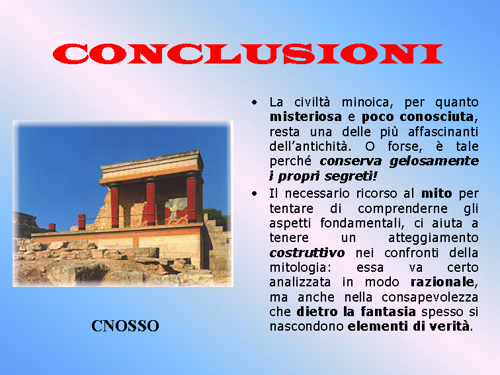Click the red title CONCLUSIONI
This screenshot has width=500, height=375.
click(x=248, y=54)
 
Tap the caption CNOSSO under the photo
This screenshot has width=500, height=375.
click(x=125, y=326)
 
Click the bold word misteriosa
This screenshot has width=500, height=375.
click(x=306, y=116)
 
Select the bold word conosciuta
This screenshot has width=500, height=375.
click(x=437, y=116)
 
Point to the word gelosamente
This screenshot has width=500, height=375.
click(x=434, y=161)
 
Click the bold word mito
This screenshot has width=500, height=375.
click(x=437, y=193)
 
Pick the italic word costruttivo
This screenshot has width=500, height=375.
click(x=307, y=253)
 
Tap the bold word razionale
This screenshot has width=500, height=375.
click(x=442, y=282)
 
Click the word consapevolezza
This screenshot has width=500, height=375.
click(x=430, y=297)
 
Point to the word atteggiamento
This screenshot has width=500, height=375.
click(x=433, y=238)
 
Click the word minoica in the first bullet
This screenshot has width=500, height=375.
click(x=366, y=103)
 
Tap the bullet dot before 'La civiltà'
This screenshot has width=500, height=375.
click(x=254, y=103)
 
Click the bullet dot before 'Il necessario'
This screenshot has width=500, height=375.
click(x=254, y=194)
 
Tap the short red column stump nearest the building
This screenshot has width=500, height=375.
click(x=82, y=222)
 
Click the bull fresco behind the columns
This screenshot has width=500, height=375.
click(x=177, y=212)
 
